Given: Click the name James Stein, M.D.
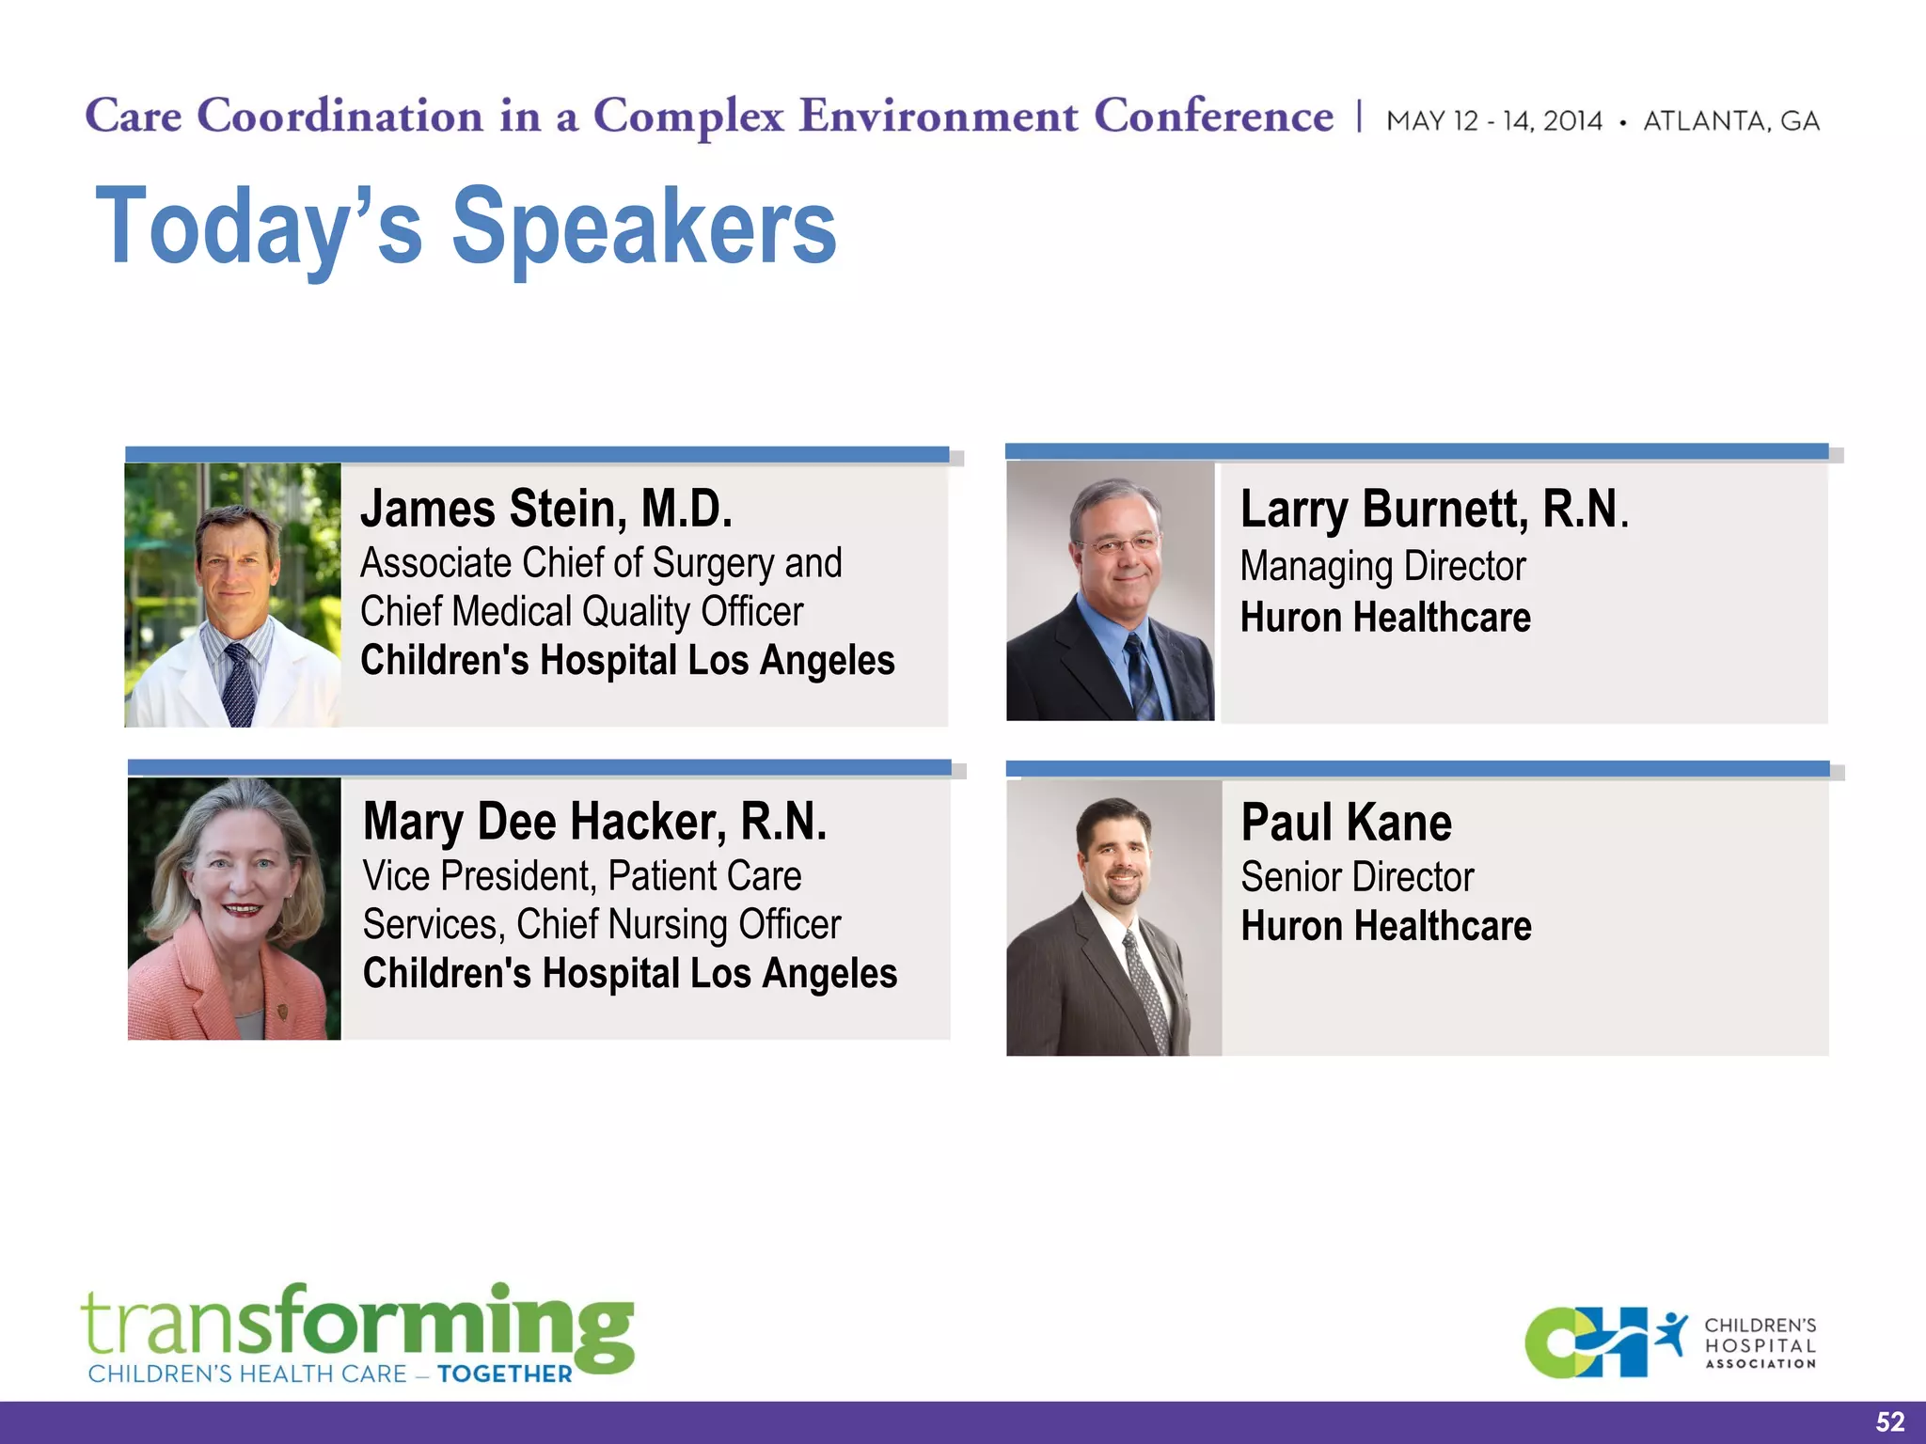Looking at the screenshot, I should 545,510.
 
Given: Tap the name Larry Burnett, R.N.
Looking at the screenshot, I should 1433,510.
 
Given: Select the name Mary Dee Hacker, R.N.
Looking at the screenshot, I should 594,823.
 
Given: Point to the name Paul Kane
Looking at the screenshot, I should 1346,824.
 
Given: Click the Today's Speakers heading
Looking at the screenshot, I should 466,227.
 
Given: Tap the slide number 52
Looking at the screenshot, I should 1889,1421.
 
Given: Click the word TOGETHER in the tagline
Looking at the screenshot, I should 505,1374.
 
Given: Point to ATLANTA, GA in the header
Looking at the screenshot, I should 1731,121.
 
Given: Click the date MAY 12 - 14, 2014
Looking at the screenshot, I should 1494,121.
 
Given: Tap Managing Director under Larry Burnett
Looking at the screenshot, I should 1382,567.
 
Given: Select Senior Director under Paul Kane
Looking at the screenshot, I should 1357,878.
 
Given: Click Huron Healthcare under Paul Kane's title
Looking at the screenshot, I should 1385,927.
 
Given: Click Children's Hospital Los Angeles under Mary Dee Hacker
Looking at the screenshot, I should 630,974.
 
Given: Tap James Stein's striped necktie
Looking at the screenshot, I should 238,684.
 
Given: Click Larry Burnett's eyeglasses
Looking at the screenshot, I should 1118,544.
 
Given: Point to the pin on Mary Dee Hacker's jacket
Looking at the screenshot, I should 280,1012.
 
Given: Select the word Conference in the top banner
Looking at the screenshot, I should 1213,117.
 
